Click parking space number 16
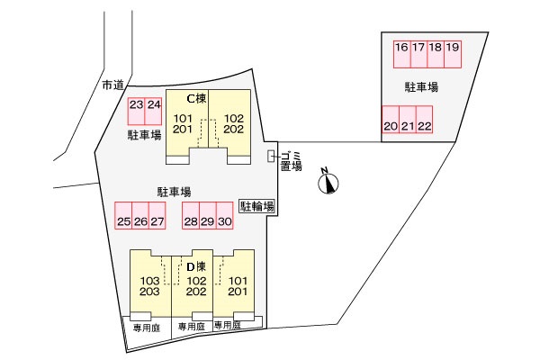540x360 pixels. tap(401, 53)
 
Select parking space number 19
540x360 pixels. tap(453, 53)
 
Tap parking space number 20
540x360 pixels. tap(390, 120)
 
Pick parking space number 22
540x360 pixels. tap(424, 120)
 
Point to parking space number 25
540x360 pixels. tap(123, 215)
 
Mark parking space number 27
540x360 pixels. tap(157, 215)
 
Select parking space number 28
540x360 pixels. tap(190, 215)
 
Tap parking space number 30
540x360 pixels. tap(225, 215)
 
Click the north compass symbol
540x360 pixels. tap(330, 183)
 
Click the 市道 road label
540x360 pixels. tap(112, 85)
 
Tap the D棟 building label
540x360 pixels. tap(196, 266)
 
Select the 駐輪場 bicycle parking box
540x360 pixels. tap(256, 207)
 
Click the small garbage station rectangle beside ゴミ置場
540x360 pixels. tap(272, 157)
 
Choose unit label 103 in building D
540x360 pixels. tap(150, 280)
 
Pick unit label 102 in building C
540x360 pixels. tap(234, 119)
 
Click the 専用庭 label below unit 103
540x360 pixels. tap(143, 326)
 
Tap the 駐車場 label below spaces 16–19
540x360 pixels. tap(421, 87)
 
